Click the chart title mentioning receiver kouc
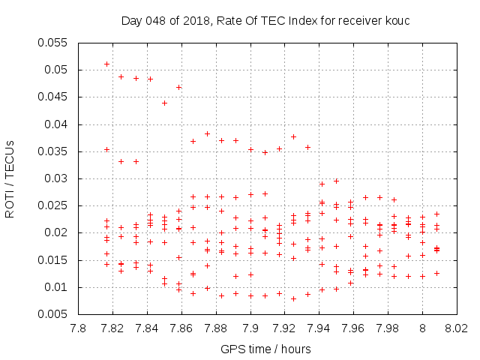(265, 21)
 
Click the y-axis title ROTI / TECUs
(10, 178)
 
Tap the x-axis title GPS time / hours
(265, 349)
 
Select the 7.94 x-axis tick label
(319, 328)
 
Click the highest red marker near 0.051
(106, 64)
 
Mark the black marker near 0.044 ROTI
(164, 103)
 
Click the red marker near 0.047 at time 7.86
(178, 87)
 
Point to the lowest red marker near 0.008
(293, 298)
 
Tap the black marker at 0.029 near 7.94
(322, 184)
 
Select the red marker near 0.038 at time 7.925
(293, 136)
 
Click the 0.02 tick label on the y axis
(59, 233)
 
